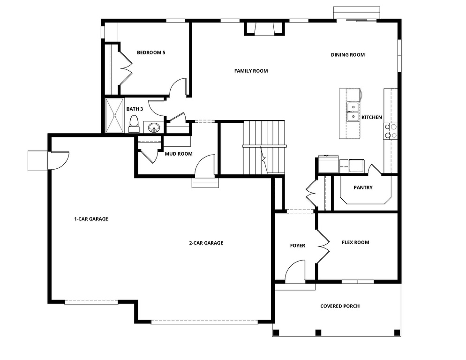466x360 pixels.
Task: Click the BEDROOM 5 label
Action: [x=150, y=52]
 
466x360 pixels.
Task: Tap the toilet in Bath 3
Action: [x=134, y=123]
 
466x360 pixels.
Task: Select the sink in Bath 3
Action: [x=154, y=127]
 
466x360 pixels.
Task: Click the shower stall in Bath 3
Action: [x=115, y=115]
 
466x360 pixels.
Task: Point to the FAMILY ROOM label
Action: [x=251, y=71]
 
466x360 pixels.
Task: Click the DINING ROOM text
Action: [x=347, y=55]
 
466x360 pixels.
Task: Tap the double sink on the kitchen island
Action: [x=353, y=112]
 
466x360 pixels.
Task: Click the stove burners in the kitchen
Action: [x=391, y=131]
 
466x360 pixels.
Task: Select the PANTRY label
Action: [x=363, y=188]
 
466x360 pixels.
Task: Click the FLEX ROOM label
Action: [x=355, y=243]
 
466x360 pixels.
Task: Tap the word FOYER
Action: [x=297, y=246]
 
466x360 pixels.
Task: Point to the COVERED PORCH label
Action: [x=340, y=307]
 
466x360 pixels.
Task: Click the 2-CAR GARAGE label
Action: [x=206, y=243]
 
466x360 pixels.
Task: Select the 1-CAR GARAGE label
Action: [x=91, y=218]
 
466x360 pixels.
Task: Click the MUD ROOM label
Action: [x=178, y=154]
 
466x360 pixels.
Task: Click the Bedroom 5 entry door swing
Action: [x=179, y=88]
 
